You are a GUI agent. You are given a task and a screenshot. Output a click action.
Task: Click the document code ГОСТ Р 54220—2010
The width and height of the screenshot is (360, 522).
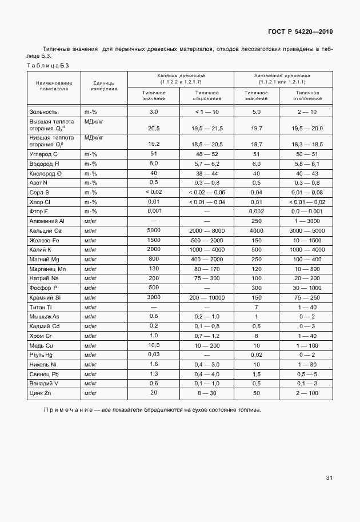pyautogui.click(x=301, y=31)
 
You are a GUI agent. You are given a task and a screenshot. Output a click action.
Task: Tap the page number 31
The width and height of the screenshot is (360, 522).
pyautogui.click(x=329, y=477)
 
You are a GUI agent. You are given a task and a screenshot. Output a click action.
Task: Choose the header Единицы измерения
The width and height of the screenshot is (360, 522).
pyautogui.click(x=105, y=86)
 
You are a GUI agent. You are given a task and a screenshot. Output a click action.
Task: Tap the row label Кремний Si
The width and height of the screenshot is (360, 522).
pyautogui.click(x=45, y=298)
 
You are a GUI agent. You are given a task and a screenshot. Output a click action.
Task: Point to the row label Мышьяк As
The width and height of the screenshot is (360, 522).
pyautogui.click(x=45, y=316)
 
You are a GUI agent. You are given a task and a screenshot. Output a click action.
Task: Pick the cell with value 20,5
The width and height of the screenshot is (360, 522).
pyautogui.click(x=154, y=129)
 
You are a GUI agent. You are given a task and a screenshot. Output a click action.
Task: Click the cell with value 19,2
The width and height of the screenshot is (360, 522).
pyautogui.click(x=154, y=145)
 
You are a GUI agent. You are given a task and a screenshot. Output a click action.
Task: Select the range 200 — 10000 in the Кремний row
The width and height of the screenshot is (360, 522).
pyautogui.click(x=207, y=298)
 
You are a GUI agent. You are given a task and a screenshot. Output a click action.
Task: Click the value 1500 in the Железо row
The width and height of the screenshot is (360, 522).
pyautogui.click(x=153, y=240)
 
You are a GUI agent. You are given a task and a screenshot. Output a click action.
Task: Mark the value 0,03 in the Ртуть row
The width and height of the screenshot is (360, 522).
pyautogui.click(x=153, y=354)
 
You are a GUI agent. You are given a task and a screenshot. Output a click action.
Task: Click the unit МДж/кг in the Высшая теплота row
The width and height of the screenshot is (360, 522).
pyautogui.click(x=94, y=122)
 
